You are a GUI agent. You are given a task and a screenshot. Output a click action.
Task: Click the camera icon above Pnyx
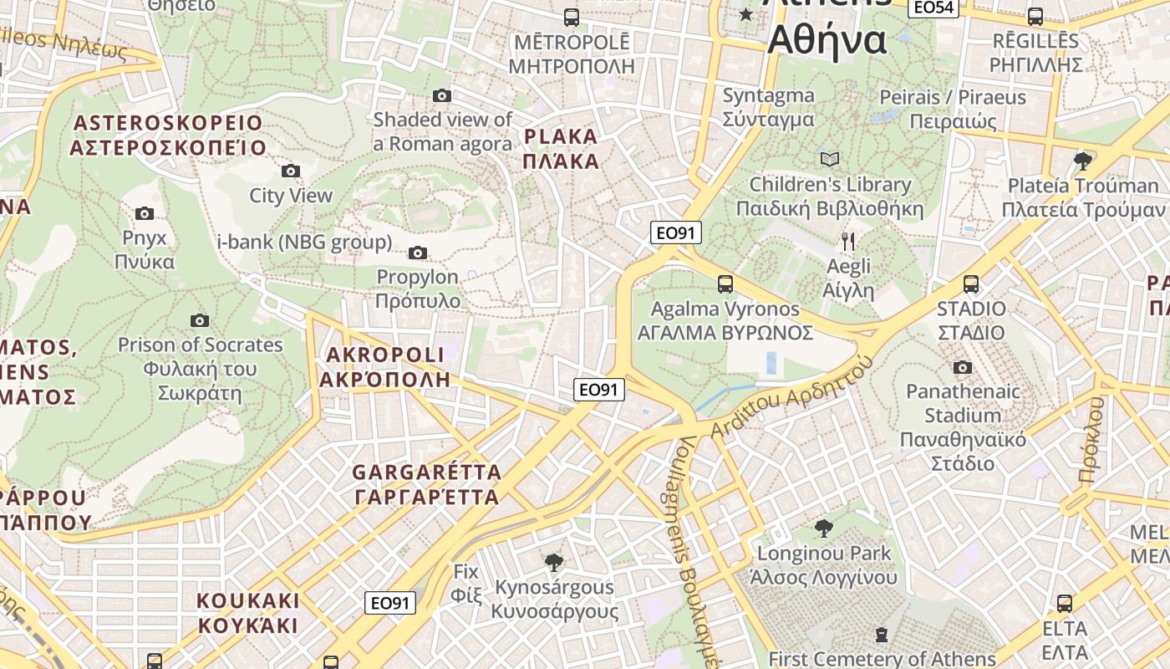point(145,213)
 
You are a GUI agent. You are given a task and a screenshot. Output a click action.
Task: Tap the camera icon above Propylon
point(418,253)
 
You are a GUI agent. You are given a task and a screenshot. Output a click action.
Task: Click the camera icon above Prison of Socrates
point(199,320)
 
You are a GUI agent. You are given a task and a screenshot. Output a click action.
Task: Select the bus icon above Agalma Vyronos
point(725,284)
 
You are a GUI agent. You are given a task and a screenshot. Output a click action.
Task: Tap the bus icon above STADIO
point(970,284)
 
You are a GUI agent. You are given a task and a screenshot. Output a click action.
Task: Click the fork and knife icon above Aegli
point(848,243)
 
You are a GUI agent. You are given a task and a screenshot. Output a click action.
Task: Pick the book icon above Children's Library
point(829,159)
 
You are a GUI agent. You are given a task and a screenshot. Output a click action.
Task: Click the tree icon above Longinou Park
point(823,529)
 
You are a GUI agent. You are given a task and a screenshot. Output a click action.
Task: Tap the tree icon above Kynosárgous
point(552,562)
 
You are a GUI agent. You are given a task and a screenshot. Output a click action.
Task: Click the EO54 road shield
point(933,8)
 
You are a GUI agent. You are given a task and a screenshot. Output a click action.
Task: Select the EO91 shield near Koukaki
point(390,603)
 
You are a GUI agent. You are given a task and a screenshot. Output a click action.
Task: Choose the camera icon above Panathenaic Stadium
point(962,367)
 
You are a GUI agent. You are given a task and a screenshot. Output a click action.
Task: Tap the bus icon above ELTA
point(1064,603)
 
